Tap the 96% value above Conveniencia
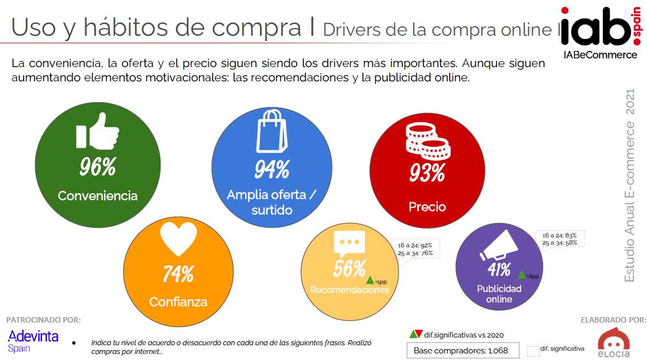(97, 167)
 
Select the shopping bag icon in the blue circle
(272, 132)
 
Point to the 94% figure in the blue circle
(272, 170)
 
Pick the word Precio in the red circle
(427, 207)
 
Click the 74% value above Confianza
(178, 273)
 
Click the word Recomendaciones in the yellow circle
(350, 290)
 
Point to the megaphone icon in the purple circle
(498, 246)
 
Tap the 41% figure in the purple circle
(499, 269)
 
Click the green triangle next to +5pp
(370, 280)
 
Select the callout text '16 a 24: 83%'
(559, 235)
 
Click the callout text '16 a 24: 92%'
(414, 245)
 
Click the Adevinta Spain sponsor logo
(33, 340)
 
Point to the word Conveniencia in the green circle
(97, 196)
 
